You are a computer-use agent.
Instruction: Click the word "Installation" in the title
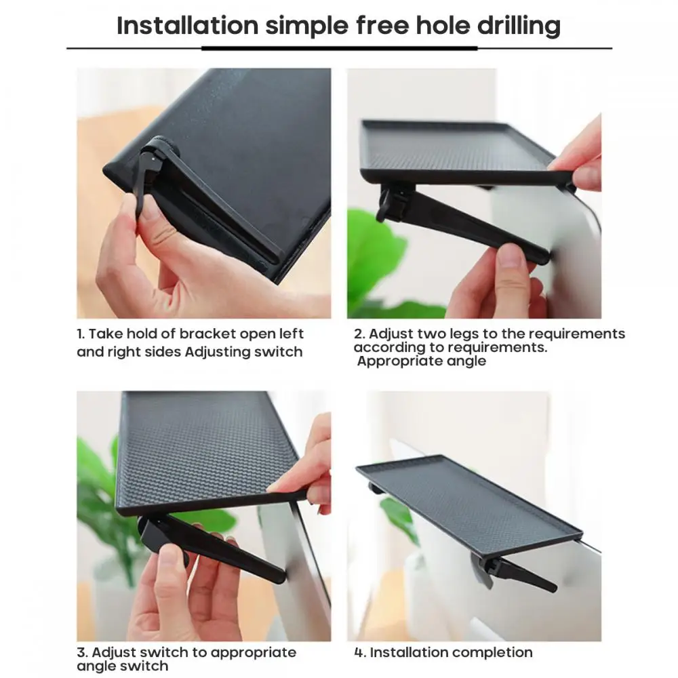coord(187,26)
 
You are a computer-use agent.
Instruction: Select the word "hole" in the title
coord(442,26)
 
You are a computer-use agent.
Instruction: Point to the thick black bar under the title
coord(340,48)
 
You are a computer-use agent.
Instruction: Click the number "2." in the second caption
coord(359,334)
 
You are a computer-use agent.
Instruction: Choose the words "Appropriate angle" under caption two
coord(422,361)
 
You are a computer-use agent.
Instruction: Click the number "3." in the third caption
coord(82,652)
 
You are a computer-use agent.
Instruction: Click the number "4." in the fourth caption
coord(360,652)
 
